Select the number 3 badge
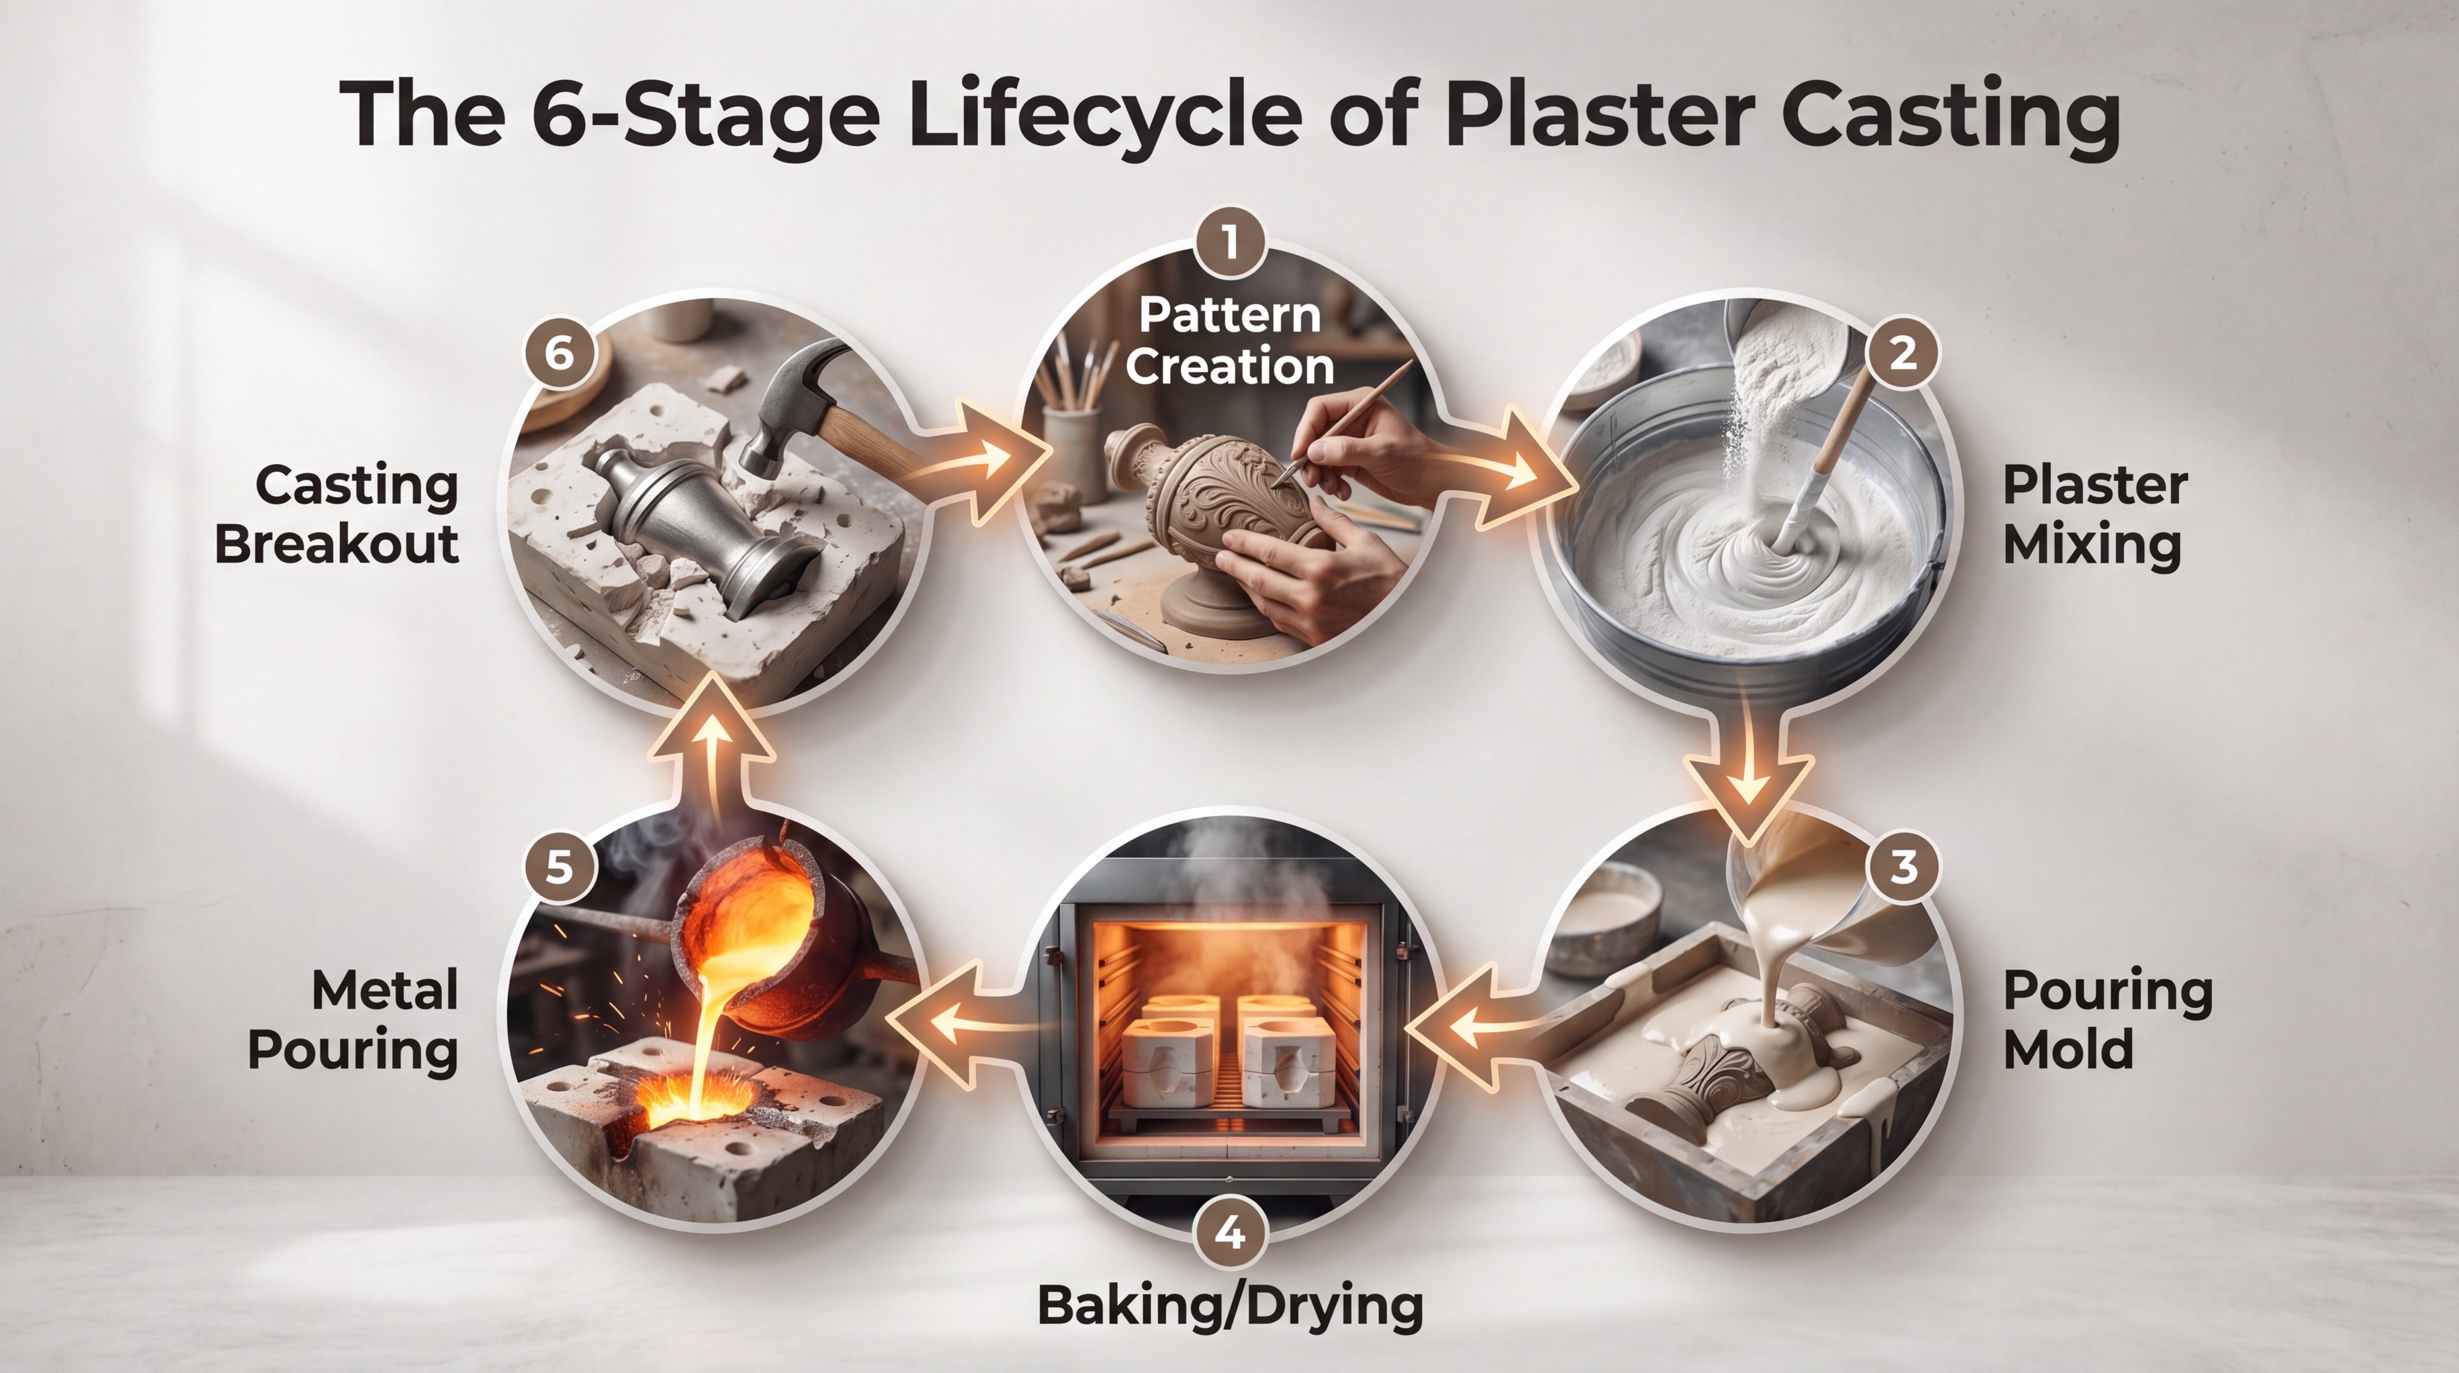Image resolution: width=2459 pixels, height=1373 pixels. click(x=1902, y=867)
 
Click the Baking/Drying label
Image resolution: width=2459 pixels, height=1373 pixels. click(x=1229, y=1306)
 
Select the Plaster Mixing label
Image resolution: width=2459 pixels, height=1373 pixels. click(x=2095, y=515)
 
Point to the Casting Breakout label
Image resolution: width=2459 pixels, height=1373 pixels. click(x=337, y=515)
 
